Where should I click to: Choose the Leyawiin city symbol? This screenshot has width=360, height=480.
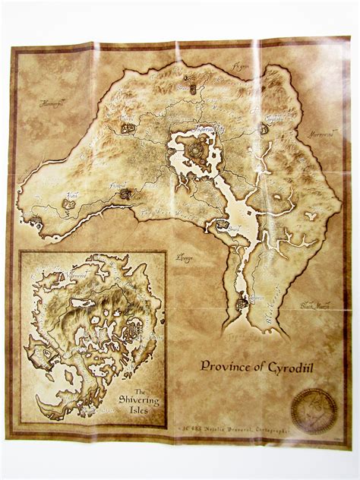tap(241, 303)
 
